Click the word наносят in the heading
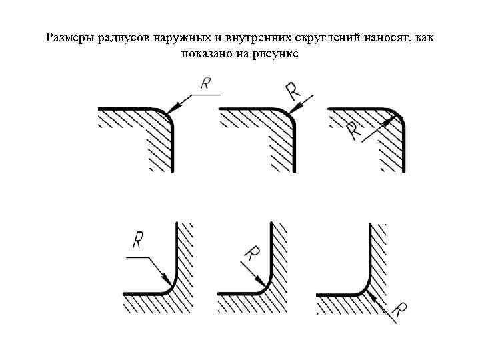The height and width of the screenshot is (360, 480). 386,38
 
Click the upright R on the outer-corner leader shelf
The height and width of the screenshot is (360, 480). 206,83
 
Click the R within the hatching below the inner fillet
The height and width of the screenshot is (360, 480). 400,310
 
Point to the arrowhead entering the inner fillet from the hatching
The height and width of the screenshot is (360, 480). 371,295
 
